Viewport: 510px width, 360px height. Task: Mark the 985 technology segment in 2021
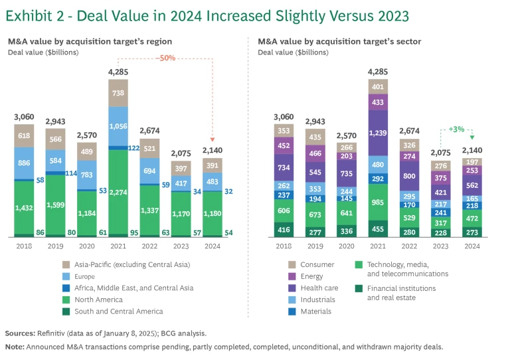tap(378, 203)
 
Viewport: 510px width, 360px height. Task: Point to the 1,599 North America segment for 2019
tap(56, 207)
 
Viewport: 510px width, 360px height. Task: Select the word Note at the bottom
tap(15, 347)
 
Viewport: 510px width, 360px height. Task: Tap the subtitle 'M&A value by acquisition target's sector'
tap(339, 42)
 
